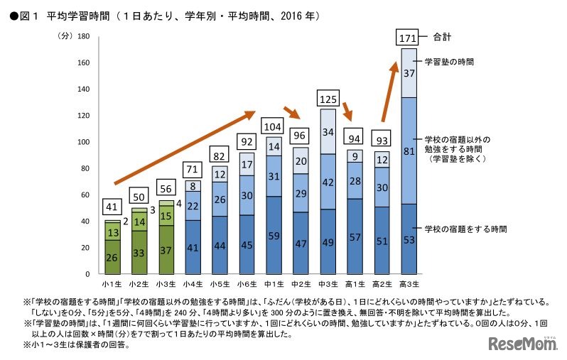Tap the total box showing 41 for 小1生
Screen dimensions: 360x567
112,207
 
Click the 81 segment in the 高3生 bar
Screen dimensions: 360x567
409,151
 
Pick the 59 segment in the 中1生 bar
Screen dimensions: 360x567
274,235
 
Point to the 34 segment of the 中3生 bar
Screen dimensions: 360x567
328,131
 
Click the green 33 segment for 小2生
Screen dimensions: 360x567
139,252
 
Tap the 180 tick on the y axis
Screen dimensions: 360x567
84,36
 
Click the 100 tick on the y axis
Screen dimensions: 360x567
84,142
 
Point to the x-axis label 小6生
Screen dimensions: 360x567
247,284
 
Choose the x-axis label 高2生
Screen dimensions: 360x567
382,284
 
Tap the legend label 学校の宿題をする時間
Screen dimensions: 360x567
465,229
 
